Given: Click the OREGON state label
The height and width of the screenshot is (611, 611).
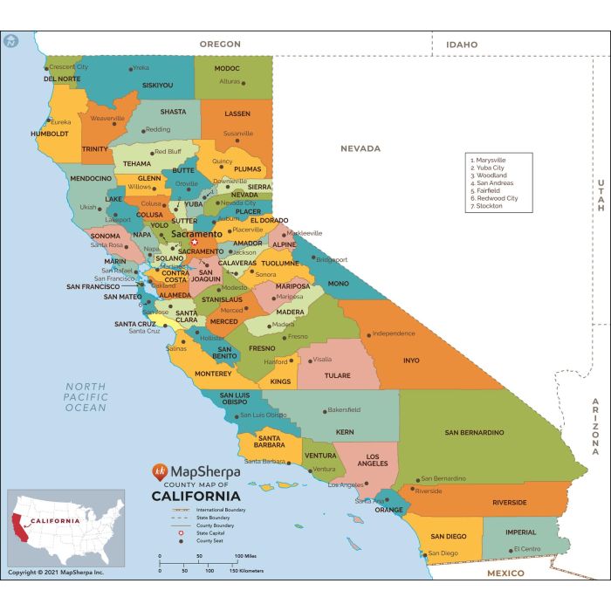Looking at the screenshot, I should (x=219, y=44).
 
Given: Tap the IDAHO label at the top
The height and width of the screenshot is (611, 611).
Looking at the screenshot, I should (x=462, y=45).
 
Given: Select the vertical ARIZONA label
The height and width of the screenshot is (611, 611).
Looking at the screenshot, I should (x=596, y=426).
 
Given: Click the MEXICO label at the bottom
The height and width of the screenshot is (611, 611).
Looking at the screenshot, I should (x=505, y=573).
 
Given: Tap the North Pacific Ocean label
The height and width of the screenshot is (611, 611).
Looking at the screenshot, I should (x=85, y=397).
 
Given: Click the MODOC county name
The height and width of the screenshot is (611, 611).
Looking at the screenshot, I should (x=227, y=68).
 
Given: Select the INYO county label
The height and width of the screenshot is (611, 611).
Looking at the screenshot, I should (x=411, y=360).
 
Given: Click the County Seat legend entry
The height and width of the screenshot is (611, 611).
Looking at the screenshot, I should (x=214, y=541).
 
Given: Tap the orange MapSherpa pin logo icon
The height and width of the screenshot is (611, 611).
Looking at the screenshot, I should (x=159, y=472).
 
